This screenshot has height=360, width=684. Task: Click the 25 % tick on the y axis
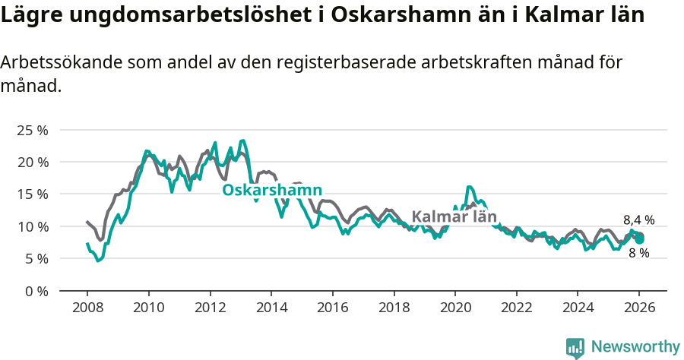[x=32, y=130]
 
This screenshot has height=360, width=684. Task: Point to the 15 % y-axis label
[x=32, y=194]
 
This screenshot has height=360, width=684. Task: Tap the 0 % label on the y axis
[x=35, y=291]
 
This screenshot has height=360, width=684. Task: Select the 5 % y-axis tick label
[x=35, y=259]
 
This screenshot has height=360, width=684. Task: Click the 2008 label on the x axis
[x=87, y=308]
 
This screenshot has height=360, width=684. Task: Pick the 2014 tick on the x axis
[x=271, y=308]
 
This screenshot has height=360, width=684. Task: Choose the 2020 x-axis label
[x=454, y=308]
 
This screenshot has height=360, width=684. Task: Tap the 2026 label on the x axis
[x=638, y=308]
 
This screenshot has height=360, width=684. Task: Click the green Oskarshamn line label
[x=272, y=190]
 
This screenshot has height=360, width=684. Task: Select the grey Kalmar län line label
[x=454, y=216]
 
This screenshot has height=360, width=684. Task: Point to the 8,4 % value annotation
[x=638, y=220]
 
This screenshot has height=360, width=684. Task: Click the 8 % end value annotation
[x=638, y=253]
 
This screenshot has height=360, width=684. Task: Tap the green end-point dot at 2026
[x=640, y=239]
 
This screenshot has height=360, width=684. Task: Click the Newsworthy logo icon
[x=575, y=347]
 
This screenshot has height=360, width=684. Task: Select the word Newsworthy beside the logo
[x=635, y=347]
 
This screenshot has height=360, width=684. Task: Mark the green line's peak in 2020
[x=469, y=186]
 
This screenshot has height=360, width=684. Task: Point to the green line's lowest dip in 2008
[x=98, y=261]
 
